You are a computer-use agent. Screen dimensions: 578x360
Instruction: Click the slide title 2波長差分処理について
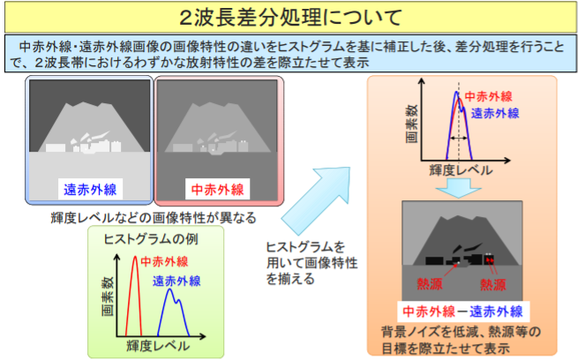tap(289, 17)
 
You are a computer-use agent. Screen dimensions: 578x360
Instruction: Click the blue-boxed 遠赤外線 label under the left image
tap(89, 189)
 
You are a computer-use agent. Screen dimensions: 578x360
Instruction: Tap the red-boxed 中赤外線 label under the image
tap(219, 189)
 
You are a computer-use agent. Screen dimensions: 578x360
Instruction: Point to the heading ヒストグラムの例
tap(145, 238)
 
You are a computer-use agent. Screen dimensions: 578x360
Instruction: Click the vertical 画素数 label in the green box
tap(106, 299)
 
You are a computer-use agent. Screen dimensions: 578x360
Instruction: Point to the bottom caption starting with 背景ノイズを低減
tap(462, 339)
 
